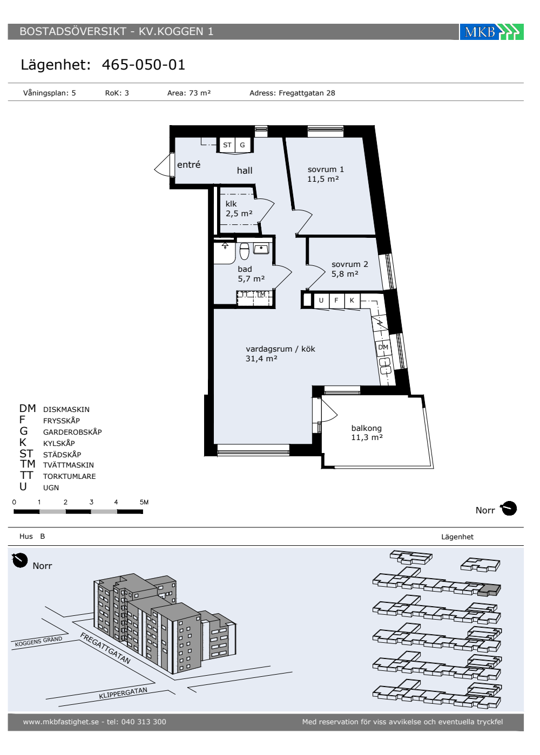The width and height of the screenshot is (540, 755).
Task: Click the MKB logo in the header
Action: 491,32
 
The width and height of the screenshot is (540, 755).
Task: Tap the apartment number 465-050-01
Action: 144,65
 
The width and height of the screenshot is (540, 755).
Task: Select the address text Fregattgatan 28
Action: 307,93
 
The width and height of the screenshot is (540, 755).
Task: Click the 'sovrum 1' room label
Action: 326,169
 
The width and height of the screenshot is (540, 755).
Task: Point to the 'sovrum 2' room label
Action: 350,264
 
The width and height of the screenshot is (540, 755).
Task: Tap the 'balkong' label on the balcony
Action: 367,428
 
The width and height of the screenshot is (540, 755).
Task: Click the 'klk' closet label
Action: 231,204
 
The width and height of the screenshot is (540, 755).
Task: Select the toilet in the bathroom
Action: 244,251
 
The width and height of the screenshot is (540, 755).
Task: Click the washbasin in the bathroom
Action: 261,249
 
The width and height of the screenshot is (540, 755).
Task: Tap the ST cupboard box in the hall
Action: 227,145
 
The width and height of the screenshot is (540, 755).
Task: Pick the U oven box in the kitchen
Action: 321,300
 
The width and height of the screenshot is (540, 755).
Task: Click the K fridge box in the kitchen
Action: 352,300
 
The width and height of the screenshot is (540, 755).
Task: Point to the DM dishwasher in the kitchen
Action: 383,347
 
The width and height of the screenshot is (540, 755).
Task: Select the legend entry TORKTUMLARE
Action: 70,476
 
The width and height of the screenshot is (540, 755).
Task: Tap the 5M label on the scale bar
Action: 144,502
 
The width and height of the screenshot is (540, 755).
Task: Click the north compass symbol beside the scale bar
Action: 509,509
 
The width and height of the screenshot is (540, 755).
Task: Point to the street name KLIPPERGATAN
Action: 123,693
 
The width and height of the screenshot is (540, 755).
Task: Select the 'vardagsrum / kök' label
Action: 280,349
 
